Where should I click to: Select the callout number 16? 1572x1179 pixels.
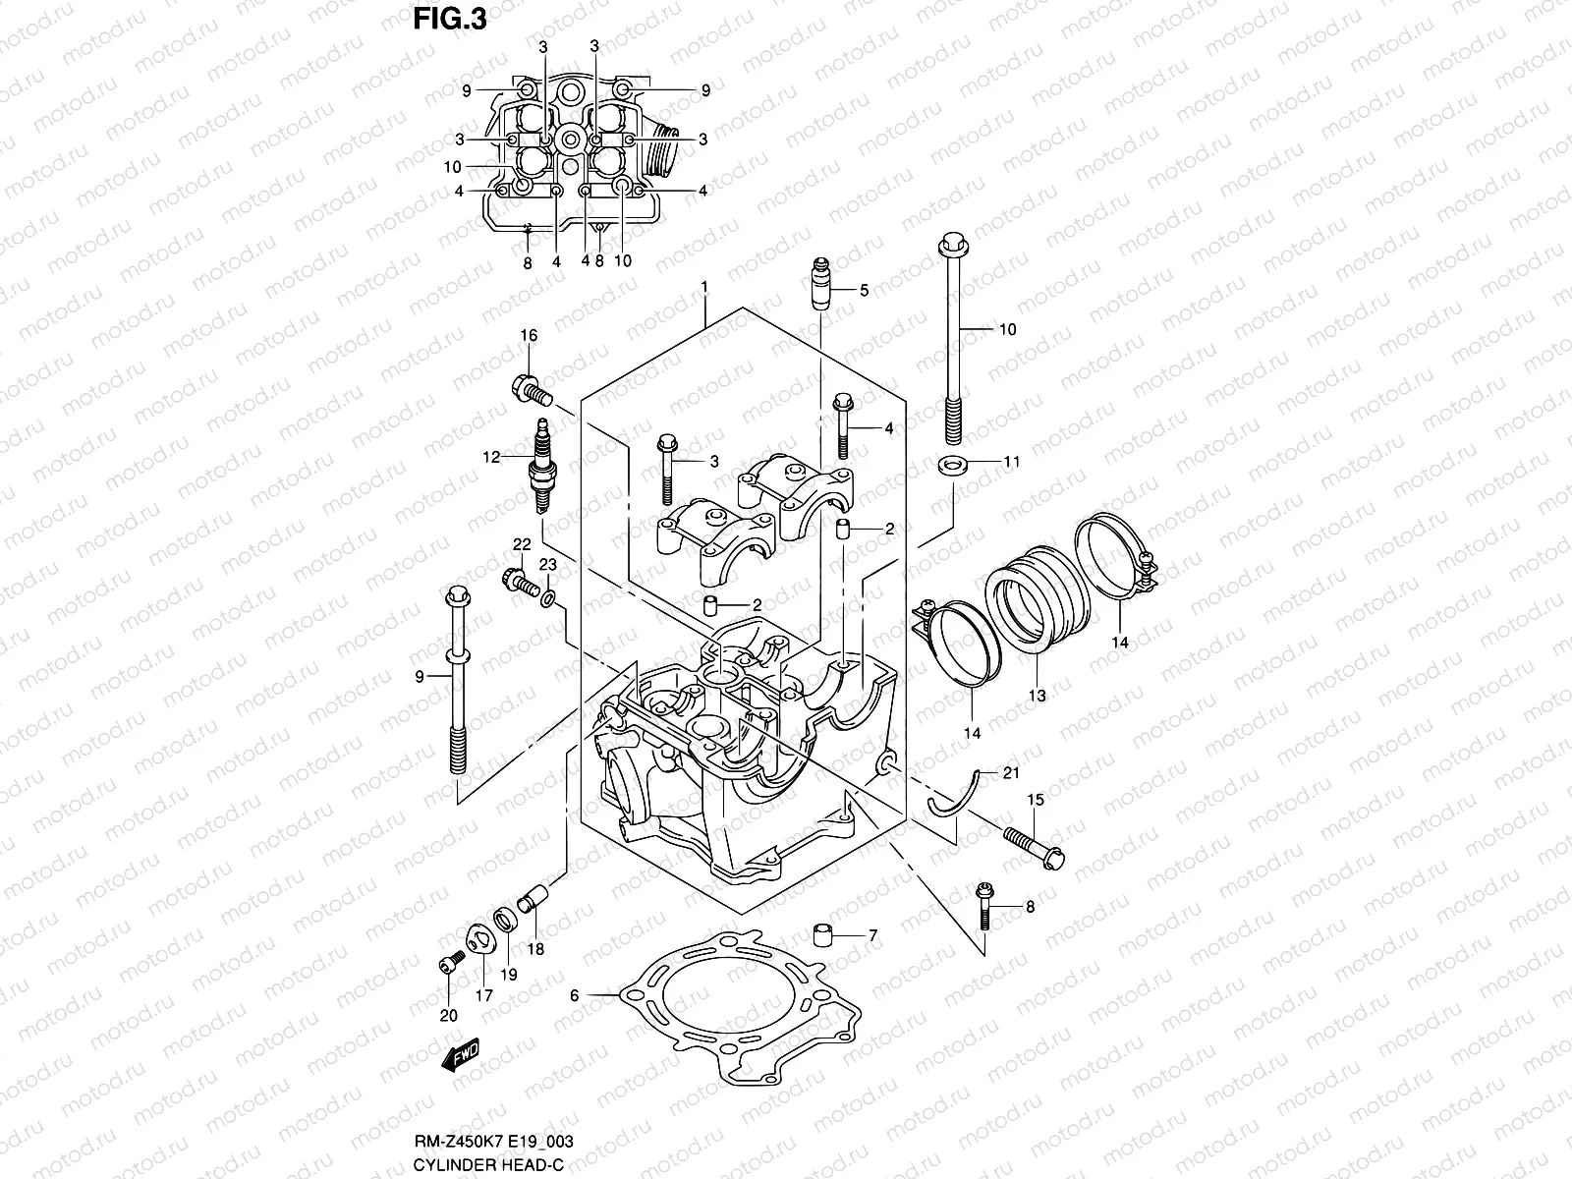[529, 337]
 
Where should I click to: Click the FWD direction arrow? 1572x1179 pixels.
[460, 1057]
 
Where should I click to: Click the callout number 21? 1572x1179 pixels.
[1011, 773]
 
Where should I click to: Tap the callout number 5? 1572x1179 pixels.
[864, 290]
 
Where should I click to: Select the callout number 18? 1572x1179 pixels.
[534, 950]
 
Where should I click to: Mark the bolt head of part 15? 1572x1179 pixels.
[1051, 857]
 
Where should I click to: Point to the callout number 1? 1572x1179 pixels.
[704, 286]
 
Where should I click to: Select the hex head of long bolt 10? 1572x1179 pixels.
[951, 243]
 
